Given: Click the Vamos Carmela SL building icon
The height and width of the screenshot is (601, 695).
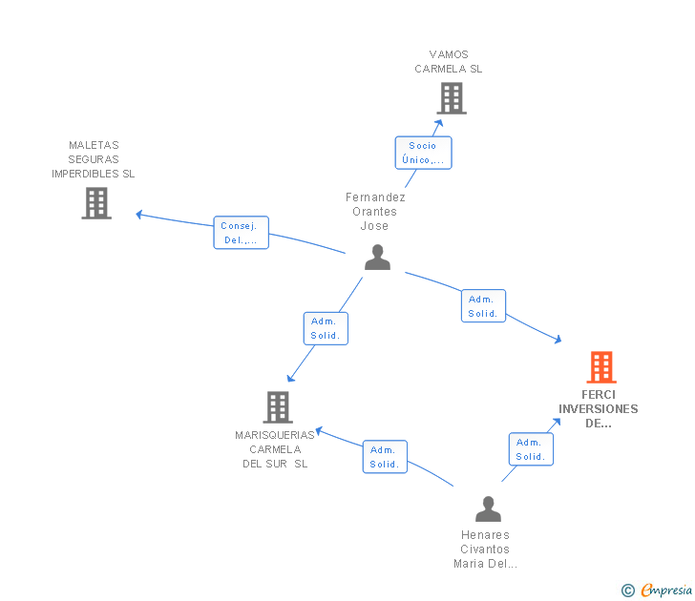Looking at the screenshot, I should pyautogui.click(x=451, y=98).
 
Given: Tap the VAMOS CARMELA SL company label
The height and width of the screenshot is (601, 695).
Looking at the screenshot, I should pyautogui.click(x=449, y=62).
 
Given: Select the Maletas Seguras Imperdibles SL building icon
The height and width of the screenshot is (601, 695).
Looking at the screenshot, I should pyautogui.click(x=96, y=203).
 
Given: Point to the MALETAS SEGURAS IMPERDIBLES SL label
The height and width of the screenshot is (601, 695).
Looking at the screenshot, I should pyautogui.click(x=94, y=159).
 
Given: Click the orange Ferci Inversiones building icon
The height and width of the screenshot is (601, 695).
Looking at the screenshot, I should pyautogui.click(x=600, y=366).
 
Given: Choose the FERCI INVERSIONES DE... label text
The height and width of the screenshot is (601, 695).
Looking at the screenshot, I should pyautogui.click(x=599, y=408).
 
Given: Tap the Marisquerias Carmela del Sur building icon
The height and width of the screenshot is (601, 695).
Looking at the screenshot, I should pyautogui.click(x=278, y=407).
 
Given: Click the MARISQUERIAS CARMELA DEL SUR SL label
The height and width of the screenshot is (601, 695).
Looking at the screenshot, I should pyautogui.click(x=275, y=449).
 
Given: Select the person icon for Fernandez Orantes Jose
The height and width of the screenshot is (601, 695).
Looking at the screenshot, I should pyautogui.click(x=378, y=258).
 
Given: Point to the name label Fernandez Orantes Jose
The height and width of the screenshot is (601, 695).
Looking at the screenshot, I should pyautogui.click(x=375, y=212).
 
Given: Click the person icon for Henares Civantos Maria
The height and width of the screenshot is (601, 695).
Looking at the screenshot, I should pyautogui.click(x=488, y=508).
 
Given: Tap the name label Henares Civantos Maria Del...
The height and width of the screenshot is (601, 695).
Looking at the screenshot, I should pyautogui.click(x=485, y=549).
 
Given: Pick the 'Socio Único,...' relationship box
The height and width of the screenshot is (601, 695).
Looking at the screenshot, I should pyautogui.click(x=423, y=153).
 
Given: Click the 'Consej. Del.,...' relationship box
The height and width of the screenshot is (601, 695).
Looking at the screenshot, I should pyautogui.click(x=241, y=233).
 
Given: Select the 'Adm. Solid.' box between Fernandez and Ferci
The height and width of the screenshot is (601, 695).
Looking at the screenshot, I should pyautogui.click(x=483, y=306).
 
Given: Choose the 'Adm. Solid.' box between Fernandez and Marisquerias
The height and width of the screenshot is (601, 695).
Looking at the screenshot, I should pyautogui.click(x=326, y=329).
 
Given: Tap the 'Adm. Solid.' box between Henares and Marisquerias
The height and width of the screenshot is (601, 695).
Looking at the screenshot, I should pyautogui.click(x=385, y=457).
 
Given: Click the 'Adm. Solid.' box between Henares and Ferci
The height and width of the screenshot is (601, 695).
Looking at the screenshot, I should pyautogui.click(x=530, y=449).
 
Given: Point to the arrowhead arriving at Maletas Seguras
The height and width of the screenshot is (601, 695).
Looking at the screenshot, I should pyautogui.click(x=139, y=215).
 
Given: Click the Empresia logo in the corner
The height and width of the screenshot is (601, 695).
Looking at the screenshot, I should pyautogui.click(x=657, y=591).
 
